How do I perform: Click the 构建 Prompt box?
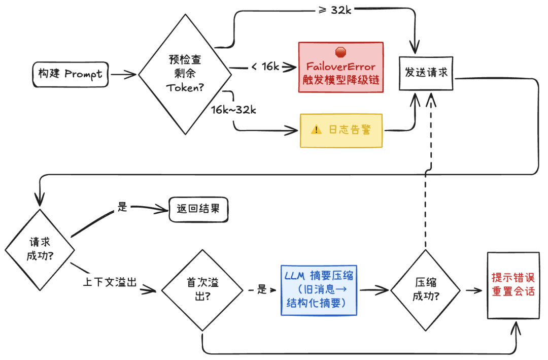click(x=70, y=74)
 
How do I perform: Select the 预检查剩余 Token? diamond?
click(x=184, y=74)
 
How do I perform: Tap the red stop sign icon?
click(x=340, y=52)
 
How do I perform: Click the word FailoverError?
click(x=340, y=67)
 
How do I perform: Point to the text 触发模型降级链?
click(x=340, y=80)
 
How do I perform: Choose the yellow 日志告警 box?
click(x=340, y=130)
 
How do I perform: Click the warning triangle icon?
click(x=317, y=130)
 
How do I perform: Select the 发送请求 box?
click(x=426, y=73)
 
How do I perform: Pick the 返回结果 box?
click(x=198, y=209)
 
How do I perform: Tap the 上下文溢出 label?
click(x=110, y=283)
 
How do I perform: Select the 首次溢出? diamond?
click(x=202, y=290)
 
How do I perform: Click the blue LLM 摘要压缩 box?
click(x=319, y=289)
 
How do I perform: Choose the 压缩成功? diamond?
click(x=425, y=290)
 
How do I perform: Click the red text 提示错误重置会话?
click(x=512, y=285)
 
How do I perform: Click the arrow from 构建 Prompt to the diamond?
click(x=123, y=75)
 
